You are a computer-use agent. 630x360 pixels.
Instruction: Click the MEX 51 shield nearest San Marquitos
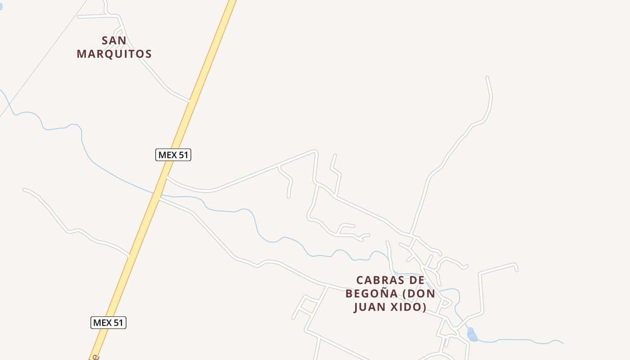[x=173, y=155]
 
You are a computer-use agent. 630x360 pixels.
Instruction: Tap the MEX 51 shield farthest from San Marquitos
[x=108, y=323]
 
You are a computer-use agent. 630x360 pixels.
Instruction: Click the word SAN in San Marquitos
[x=114, y=40]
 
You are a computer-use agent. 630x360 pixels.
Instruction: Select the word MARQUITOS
[x=114, y=54]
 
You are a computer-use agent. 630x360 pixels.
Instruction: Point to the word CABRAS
[x=374, y=280]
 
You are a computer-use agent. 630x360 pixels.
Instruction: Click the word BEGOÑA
[x=372, y=294]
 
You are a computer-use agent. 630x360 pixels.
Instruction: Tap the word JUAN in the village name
[x=372, y=307]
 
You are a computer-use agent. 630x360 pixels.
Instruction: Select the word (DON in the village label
[x=418, y=294]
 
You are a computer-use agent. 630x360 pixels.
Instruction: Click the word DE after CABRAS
[x=417, y=280]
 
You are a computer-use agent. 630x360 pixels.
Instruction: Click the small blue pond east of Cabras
[x=472, y=335]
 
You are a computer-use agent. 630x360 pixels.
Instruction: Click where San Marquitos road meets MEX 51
[x=190, y=101]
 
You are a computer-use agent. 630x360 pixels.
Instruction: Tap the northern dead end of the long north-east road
[x=487, y=78]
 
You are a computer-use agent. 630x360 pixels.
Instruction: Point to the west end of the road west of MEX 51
[x=24, y=189]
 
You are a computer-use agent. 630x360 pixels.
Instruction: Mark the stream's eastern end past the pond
[x=562, y=343]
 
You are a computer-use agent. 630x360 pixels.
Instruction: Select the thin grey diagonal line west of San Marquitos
[x=45, y=58]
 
